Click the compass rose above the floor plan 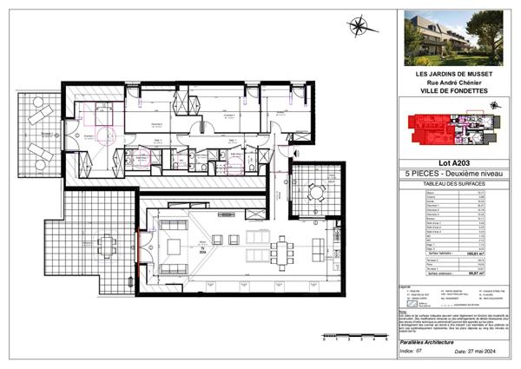pyautogui.click(x=357, y=28)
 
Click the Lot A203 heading pyautogui.click(x=451, y=163)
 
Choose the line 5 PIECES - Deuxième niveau pyautogui.click(x=451, y=174)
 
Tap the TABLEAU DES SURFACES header pyautogui.click(x=451, y=184)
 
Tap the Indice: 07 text pyautogui.click(x=417, y=352)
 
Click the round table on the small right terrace pyautogui.click(x=318, y=190)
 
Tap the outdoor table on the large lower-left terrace pyautogui.click(x=106, y=246)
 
